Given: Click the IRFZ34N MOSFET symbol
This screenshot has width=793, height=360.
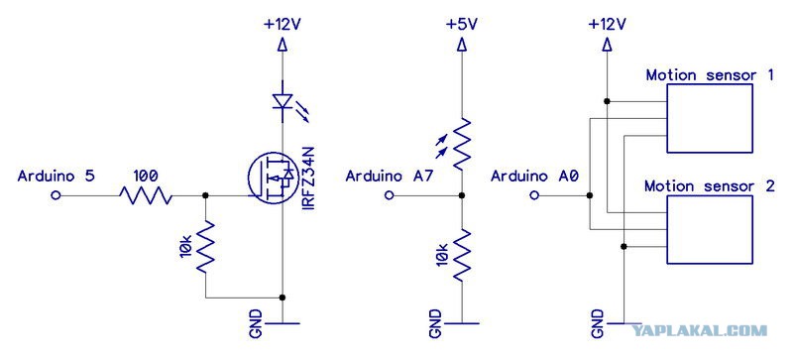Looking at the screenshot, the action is coord(272,179).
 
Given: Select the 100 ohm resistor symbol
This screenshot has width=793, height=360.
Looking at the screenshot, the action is coord(146,195).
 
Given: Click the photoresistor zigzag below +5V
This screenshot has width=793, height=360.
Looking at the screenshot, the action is coord(461,143).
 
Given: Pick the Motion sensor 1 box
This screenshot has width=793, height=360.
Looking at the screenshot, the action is coord(710,118).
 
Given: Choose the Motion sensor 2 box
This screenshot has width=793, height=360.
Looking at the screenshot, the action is coord(710,229).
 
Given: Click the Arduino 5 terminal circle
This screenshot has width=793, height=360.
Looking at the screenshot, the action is coord(56,195).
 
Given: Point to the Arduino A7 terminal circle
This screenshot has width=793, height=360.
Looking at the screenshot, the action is coord(389,195).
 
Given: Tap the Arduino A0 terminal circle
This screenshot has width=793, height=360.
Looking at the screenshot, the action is coord(534,195).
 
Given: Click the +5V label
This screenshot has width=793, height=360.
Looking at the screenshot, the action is coord(462,24).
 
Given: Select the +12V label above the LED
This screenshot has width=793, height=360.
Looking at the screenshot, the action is coord(283,24).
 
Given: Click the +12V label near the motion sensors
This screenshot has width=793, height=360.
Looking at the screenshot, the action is coord(608,24).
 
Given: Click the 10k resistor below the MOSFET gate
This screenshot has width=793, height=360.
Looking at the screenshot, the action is coord(205,247).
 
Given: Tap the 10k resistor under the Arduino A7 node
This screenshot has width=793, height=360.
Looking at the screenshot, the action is coord(461,255).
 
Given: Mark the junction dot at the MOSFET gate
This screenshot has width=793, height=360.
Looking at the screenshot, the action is coord(205,195).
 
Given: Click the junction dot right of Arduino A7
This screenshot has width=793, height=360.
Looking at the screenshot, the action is coord(461,195).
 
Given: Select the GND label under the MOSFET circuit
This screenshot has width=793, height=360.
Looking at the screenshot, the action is coord(257,323).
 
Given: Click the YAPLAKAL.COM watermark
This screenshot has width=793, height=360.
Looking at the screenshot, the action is coord(701,331).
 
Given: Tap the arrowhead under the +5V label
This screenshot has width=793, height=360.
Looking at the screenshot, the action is coord(461,46).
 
